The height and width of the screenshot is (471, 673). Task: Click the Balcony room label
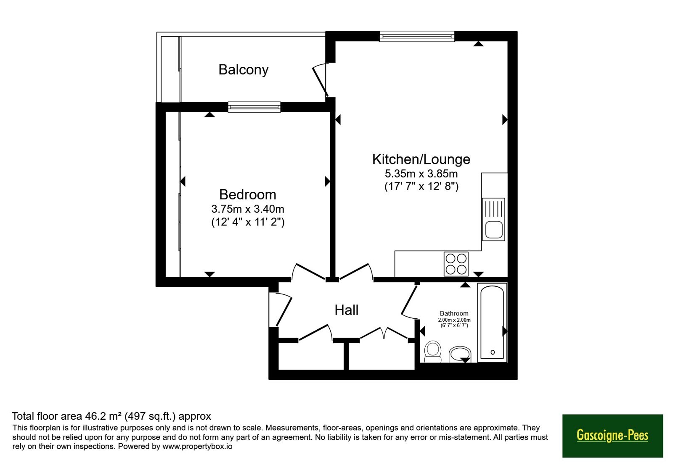(x=244, y=70)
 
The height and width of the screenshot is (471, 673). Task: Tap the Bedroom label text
(x=248, y=194)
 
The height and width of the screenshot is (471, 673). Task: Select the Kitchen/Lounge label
(x=421, y=159)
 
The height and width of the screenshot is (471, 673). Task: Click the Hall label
(x=347, y=310)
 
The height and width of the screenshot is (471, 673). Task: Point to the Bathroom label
(x=454, y=313)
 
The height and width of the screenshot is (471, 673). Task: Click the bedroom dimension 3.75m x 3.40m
(x=248, y=209)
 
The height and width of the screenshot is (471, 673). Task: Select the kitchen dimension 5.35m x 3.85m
(x=421, y=174)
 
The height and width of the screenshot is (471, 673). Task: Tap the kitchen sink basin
(x=494, y=230)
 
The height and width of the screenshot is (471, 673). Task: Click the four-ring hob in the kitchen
(x=456, y=264)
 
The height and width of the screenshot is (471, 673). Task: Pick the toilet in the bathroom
(x=433, y=352)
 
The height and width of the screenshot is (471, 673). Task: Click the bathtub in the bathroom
(x=492, y=322)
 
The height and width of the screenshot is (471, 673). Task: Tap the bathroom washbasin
(x=460, y=355)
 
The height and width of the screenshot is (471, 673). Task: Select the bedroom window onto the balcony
(x=254, y=107)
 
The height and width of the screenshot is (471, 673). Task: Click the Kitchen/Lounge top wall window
(x=417, y=36)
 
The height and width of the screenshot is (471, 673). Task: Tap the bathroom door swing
(x=409, y=301)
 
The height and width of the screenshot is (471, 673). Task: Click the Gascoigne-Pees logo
(x=612, y=436)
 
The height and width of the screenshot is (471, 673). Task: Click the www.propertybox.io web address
(x=197, y=446)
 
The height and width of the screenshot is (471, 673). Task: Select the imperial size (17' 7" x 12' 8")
(x=421, y=187)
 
